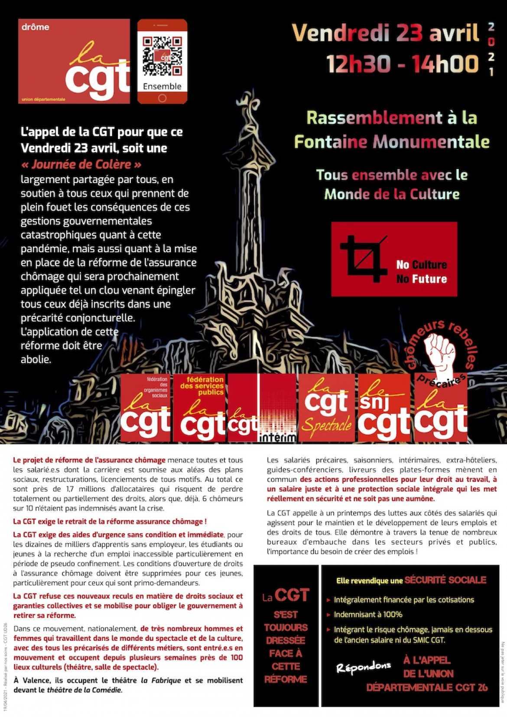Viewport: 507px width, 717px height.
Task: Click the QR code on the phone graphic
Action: point(162,56)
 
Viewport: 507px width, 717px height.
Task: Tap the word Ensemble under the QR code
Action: point(162,86)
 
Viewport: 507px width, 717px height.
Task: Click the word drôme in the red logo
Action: point(36,27)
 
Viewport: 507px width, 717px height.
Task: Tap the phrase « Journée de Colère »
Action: point(81,164)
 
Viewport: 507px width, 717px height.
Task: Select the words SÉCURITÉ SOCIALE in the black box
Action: point(445,580)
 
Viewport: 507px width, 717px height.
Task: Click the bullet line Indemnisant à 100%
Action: point(367,614)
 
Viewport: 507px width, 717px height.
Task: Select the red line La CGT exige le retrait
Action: point(110,521)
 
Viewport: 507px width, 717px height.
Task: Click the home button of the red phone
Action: point(162,98)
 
